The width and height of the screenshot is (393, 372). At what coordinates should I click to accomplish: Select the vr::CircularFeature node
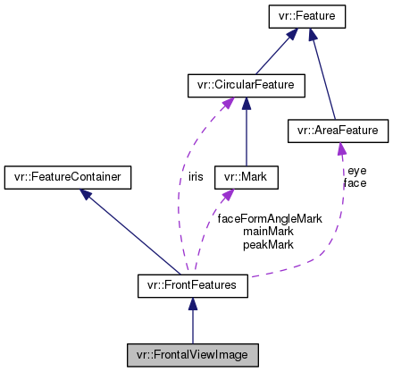(x=246, y=86)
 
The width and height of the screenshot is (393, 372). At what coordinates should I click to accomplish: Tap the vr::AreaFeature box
(x=338, y=131)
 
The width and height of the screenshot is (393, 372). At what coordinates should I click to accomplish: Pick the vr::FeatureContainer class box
(x=68, y=177)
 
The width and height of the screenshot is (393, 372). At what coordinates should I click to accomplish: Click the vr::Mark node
(x=246, y=177)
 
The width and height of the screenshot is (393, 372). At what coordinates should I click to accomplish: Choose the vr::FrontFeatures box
(x=191, y=286)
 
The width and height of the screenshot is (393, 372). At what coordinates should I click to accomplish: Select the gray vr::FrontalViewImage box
(x=191, y=353)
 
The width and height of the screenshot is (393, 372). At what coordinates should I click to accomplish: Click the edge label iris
(x=195, y=177)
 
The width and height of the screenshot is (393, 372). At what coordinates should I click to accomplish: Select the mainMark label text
(x=268, y=231)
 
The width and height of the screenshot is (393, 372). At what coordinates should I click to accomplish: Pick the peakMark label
(x=268, y=244)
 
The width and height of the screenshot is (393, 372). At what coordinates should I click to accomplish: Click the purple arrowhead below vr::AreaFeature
(x=340, y=149)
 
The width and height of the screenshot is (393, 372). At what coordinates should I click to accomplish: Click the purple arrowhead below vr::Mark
(x=230, y=195)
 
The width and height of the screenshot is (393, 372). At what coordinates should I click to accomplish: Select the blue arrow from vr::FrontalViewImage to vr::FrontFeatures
(x=191, y=319)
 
